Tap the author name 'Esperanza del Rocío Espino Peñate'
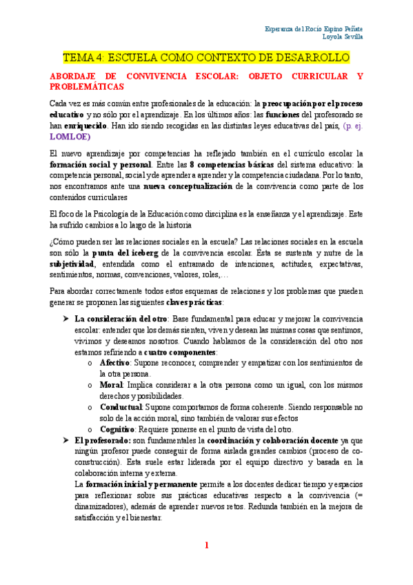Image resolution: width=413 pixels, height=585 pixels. pos(314,29)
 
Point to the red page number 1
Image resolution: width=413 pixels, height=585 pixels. pos(206,545)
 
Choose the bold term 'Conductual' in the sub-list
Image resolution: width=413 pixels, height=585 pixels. pos(121,407)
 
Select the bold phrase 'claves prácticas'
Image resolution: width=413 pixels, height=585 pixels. pos(194,301)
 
